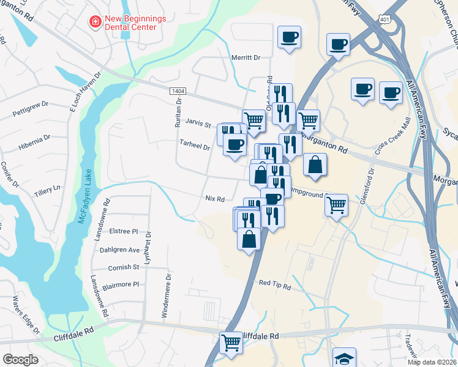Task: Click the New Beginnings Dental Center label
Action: pyautogui.click(x=135, y=23)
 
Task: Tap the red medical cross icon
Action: pyautogui.click(x=96, y=23)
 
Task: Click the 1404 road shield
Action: pyautogui.click(x=178, y=91)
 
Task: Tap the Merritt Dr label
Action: pyautogui.click(x=246, y=57)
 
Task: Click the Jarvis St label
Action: pyautogui.click(x=198, y=124)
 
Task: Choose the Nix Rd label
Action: pyautogui.click(x=215, y=199)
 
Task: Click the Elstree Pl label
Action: pyautogui.click(x=124, y=232)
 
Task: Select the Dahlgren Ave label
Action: pyautogui.click(x=119, y=250)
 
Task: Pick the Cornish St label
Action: pyautogui.click(x=124, y=267)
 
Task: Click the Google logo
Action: pyautogui.click(x=20, y=359)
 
